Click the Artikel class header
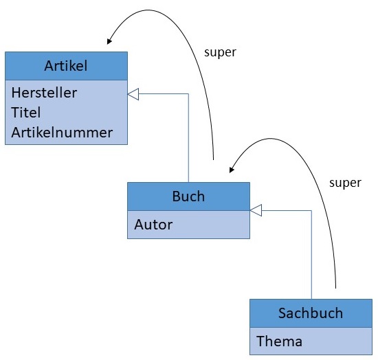pyautogui.click(x=66, y=66)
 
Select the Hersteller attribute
pyautogui.click(x=44, y=92)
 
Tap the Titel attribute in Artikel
pyautogui.click(x=26, y=112)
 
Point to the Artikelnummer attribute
pyautogui.click(x=62, y=133)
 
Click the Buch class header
pyautogui.click(x=188, y=196)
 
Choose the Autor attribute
pyautogui.click(x=153, y=224)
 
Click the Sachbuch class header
pyautogui.click(x=311, y=313)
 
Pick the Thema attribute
pyautogui.click(x=278, y=341)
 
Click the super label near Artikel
pyautogui.click(x=221, y=52)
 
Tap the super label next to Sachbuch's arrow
pyautogui.click(x=345, y=183)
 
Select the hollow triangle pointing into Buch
pyautogui.click(x=256, y=210)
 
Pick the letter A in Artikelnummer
pyautogui.click(x=16, y=133)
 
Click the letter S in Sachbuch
pyautogui.click(x=282, y=313)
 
